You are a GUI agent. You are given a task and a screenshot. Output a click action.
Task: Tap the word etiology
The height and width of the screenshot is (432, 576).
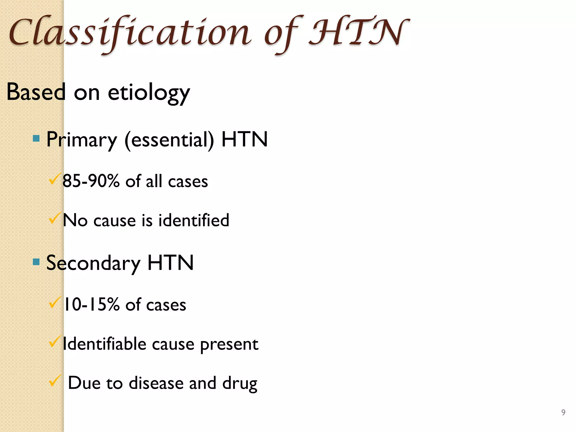tap(149, 93)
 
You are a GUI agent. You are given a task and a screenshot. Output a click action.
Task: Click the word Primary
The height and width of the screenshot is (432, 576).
tap(82, 140)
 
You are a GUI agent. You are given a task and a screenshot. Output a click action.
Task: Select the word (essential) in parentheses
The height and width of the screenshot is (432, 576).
tap(169, 140)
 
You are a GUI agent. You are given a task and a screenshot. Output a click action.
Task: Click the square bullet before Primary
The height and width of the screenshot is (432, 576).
tap(36, 138)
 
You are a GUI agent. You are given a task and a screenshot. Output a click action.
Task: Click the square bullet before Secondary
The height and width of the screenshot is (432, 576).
tap(36, 262)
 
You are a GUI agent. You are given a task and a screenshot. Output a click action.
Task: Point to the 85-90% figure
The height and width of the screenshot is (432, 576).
tap(91, 181)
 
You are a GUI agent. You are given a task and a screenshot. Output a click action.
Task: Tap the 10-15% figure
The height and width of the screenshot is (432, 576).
tap(92, 305)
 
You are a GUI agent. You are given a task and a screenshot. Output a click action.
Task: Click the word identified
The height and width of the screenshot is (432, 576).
tap(194, 220)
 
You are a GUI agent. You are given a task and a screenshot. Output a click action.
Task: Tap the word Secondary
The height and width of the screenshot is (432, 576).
tap(93, 263)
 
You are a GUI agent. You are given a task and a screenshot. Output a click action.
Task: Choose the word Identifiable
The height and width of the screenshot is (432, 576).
tap(104, 344)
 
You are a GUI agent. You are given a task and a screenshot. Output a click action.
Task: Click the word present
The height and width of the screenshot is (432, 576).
tap(229, 345)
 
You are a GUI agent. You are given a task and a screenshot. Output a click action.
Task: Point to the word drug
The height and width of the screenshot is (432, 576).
tap(240, 384)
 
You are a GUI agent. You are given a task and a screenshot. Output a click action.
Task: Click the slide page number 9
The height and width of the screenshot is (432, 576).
tap(563, 412)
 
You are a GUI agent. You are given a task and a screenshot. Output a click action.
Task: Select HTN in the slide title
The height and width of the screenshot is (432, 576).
tap(359, 32)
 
